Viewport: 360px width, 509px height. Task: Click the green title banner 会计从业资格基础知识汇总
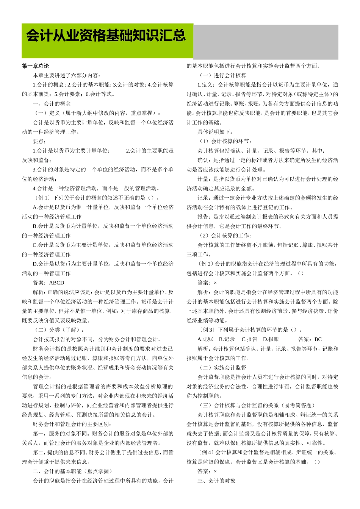[x=107, y=41]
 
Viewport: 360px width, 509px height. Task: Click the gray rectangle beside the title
[x=265, y=42]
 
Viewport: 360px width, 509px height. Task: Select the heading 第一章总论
[x=35, y=66]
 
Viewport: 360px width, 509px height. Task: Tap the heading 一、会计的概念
[x=52, y=103]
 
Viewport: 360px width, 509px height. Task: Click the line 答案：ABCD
[x=49, y=283]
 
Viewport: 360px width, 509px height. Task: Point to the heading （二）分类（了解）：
[x=59, y=330]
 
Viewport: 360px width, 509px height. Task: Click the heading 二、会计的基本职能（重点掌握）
[x=72, y=471]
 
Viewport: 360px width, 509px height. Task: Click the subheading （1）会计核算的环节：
[x=225, y=141]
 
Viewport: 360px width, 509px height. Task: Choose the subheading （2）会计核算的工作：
[x=225, y=236]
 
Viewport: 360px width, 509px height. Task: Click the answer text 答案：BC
[x=310, y=339]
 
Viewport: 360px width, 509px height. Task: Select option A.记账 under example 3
[x=205, y=339]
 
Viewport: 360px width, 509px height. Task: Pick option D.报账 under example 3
[x=271, y=339]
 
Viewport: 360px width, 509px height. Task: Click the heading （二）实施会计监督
[x=222, y=367]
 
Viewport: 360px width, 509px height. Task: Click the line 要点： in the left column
[x=39, y=141]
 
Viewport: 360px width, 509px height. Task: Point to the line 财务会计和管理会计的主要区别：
[x=72, y=424]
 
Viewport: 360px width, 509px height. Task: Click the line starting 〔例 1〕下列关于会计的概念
[x=96, y=198]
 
